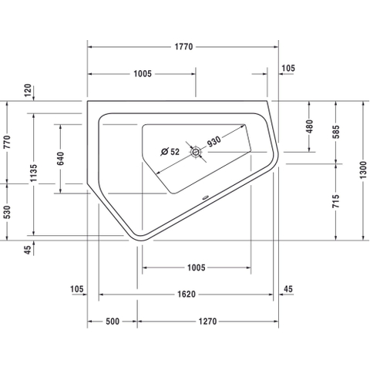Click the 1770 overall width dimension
coord(183,47)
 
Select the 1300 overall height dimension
coord(363,170)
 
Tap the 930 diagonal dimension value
coord(214,141)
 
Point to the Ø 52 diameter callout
coord(170,152)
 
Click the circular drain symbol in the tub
coord(196,152)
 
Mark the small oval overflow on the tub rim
coord(206,197)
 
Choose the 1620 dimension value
coord(187,294)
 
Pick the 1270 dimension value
coord(207,321)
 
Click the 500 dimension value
coord(113,321)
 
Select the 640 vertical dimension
coord(61,159)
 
